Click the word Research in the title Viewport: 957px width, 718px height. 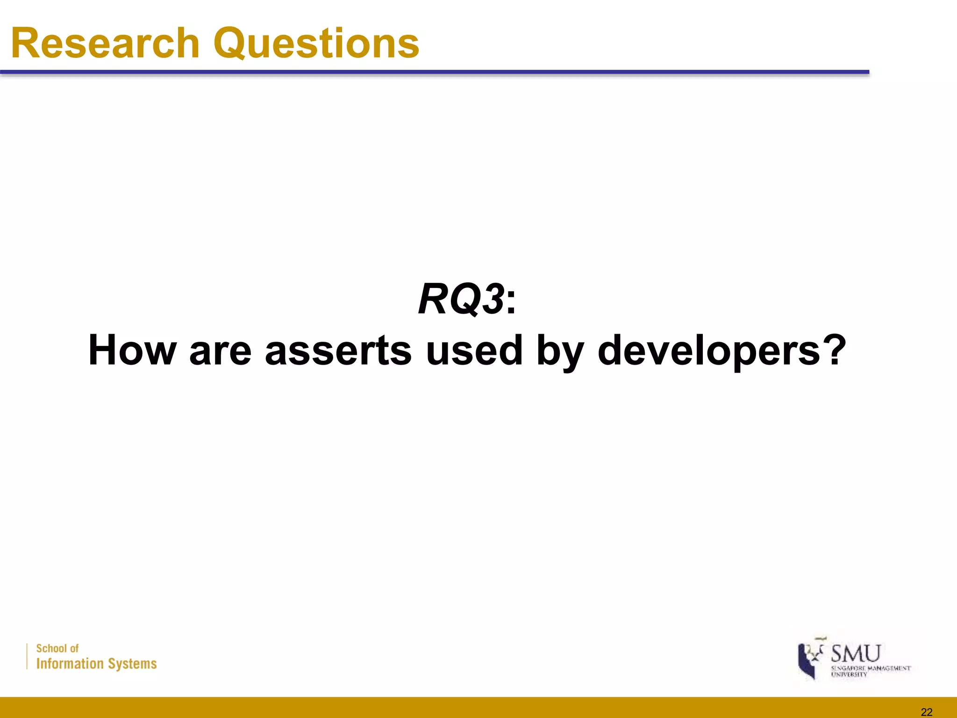click(x=106, y=43)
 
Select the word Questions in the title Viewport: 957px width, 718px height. click(x=316, y=44)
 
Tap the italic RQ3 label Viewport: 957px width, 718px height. click(x=461, y=300)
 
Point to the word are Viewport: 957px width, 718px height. click(x=221, y=352)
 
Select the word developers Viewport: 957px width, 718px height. click(x=708, y=352)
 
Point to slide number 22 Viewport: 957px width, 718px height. click(x=926, y=712)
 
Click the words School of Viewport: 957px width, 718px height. click(x=57, y=648)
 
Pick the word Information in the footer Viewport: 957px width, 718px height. click(x=70, y=664)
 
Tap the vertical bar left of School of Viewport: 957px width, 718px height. click(x=27, y=656)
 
